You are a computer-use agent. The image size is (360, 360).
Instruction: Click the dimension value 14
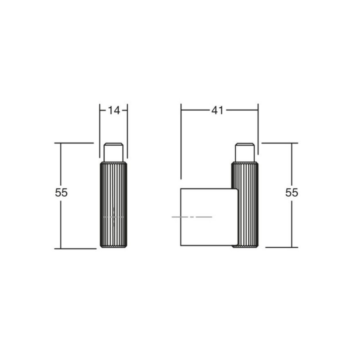point(114,110)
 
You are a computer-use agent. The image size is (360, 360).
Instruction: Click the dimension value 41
point(217,110)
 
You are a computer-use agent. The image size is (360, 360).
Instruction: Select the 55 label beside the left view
point(61,192)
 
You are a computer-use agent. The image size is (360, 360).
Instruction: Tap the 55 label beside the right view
point(292,192)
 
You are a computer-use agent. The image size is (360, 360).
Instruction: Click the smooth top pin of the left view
point(113,152)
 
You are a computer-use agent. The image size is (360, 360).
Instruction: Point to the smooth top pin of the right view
point(245,152)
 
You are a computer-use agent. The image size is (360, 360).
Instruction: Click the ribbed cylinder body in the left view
point(113,205)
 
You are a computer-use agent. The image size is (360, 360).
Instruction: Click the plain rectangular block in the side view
point(209,217)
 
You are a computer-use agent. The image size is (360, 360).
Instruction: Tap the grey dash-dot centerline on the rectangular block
point(192,217)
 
